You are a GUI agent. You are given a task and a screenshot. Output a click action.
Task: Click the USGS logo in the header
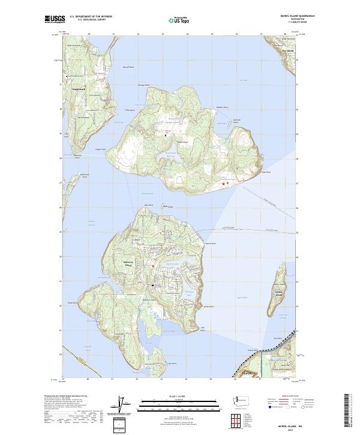(x=55, y=19)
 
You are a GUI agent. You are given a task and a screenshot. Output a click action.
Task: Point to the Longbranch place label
(x=79, y=89)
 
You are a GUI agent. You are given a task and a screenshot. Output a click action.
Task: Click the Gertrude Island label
(x=236, y=121)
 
